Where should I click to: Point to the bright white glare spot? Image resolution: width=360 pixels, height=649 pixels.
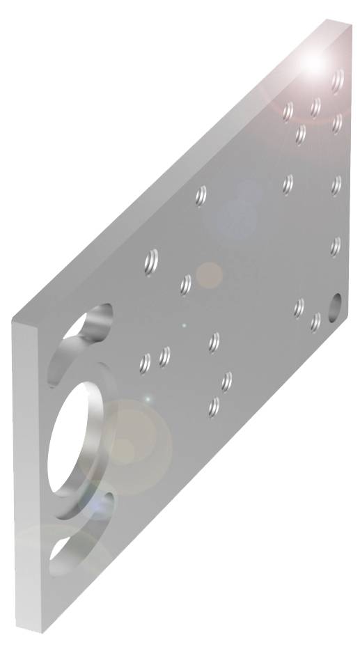(314, 63)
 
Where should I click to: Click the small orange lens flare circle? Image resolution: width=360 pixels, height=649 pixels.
(208, 275)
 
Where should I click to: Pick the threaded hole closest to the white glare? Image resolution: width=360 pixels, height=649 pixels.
(338, 81)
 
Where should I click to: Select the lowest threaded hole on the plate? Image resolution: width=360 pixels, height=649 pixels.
(215, 407)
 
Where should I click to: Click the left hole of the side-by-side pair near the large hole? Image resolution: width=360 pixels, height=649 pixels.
(146, 362)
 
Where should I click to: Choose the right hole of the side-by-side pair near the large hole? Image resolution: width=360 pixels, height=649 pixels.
(165, 357)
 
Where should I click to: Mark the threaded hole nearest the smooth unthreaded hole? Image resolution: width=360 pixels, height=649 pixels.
(316, 322)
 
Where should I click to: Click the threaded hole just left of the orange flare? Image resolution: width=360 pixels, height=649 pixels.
(186, 284)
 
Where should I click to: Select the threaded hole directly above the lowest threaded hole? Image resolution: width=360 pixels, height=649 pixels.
(226, 381)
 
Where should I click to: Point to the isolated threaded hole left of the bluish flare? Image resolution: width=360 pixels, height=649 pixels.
(201, 196)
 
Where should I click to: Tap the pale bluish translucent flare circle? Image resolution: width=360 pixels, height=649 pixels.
(237, 212)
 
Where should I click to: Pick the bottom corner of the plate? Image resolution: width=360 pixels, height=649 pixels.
(43, 631)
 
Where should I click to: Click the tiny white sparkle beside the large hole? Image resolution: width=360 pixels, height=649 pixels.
(147, 398)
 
